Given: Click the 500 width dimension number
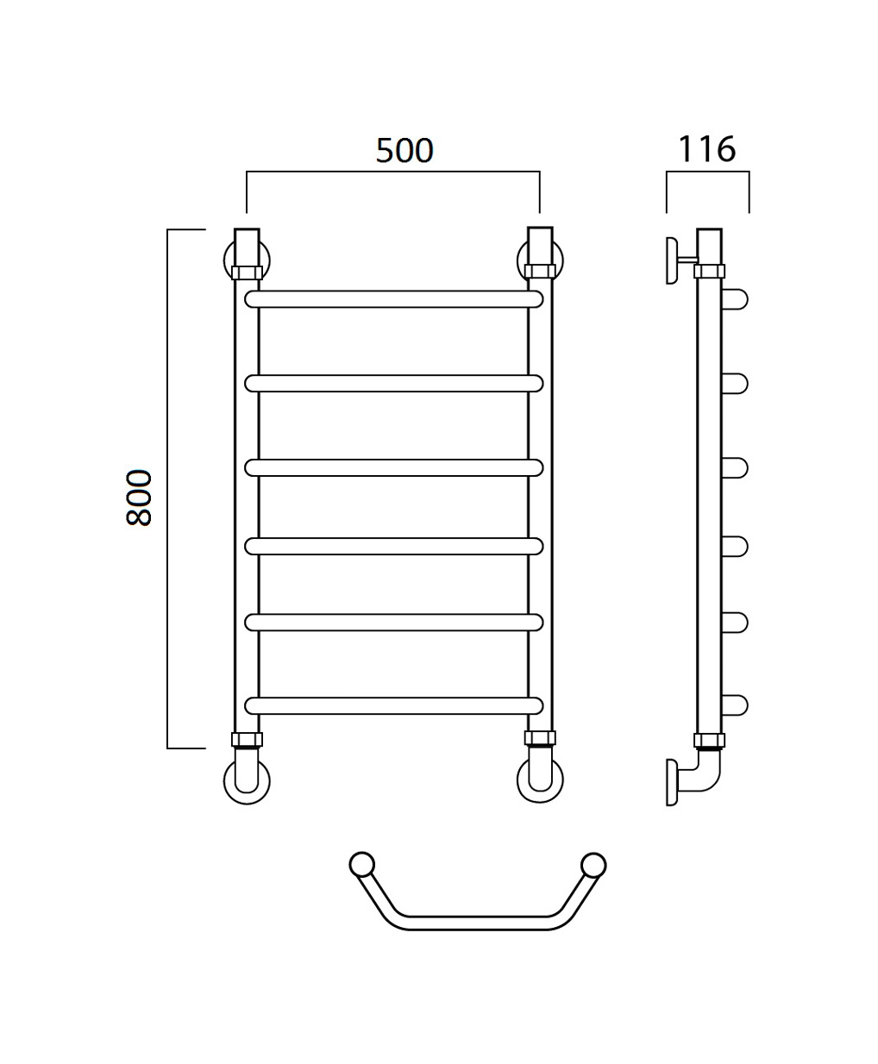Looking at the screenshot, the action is coord(405,151).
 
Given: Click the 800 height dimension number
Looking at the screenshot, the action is coord(139,498).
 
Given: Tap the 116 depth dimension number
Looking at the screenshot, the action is coord(706,149).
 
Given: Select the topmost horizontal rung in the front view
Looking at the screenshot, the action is coord(393,299).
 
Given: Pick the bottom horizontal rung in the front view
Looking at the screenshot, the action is coord(393,706).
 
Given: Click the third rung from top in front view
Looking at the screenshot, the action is coord(393,468).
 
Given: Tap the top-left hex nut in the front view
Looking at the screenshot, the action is coord(247,272).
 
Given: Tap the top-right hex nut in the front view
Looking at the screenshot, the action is coord(541,271).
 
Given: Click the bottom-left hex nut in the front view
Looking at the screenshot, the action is coord(247,740).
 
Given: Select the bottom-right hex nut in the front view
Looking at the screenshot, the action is coord(541,738).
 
